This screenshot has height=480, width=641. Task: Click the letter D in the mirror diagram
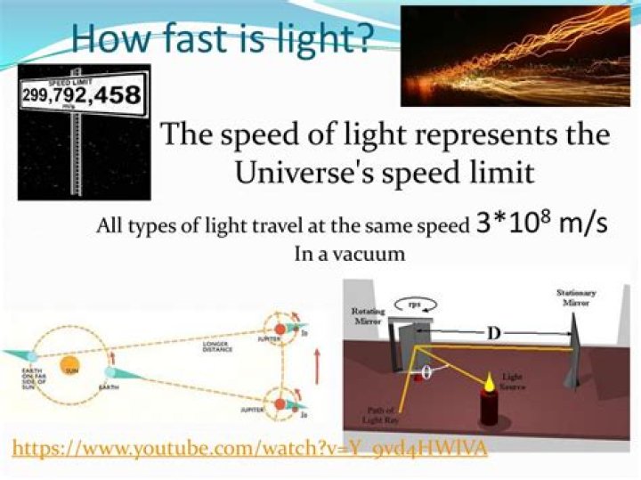pos(491,335)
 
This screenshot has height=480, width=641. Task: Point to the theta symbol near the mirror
pos(427,373)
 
